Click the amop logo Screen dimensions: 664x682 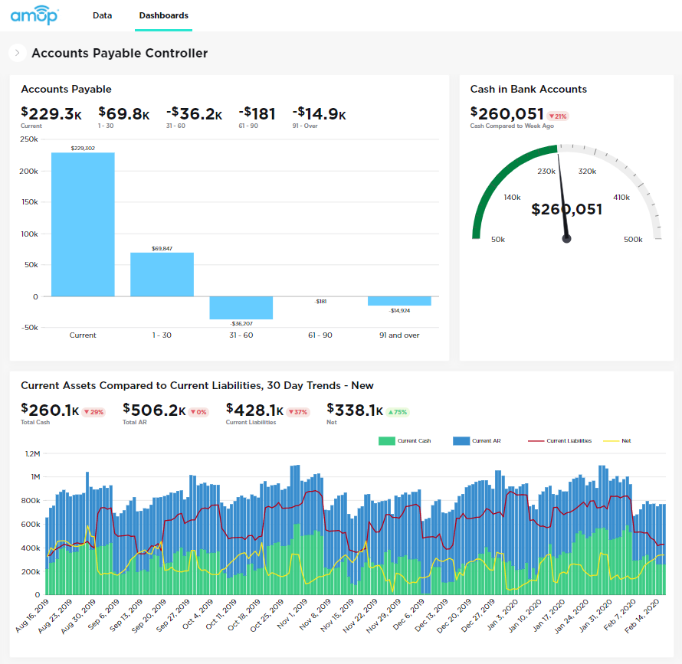[x=34, y=15]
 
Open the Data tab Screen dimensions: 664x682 [x=102, y=15]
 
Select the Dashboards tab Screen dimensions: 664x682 [x=163, y=15]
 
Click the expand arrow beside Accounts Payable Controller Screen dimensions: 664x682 [x=17, y=53]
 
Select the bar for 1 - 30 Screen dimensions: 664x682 [x=162, y=274]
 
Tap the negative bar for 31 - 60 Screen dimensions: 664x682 [x=241, y=308]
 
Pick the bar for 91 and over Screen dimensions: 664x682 [x=399, y=301]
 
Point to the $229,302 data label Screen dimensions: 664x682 [x=83, y=148]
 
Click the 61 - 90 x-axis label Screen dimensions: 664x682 [x=320, y=335]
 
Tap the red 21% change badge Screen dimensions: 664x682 [x=557, y=116]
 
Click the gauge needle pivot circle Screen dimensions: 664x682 [x=567, y=239]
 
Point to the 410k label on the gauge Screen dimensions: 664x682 [x=621, y=198]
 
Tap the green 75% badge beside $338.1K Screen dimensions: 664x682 [x=398, y=412]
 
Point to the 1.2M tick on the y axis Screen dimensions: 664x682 [x=31, y=453]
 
